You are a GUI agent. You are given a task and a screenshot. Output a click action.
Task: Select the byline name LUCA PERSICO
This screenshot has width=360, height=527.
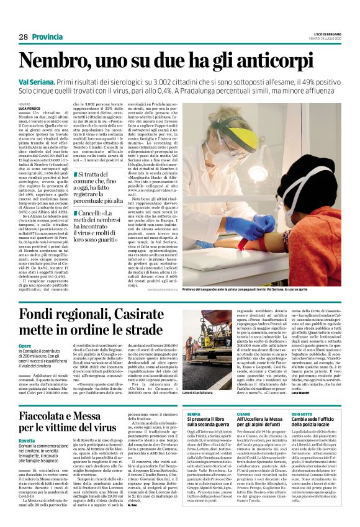tap(31, 108)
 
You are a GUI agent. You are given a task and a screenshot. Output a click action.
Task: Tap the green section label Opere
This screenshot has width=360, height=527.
tap(25, 345)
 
